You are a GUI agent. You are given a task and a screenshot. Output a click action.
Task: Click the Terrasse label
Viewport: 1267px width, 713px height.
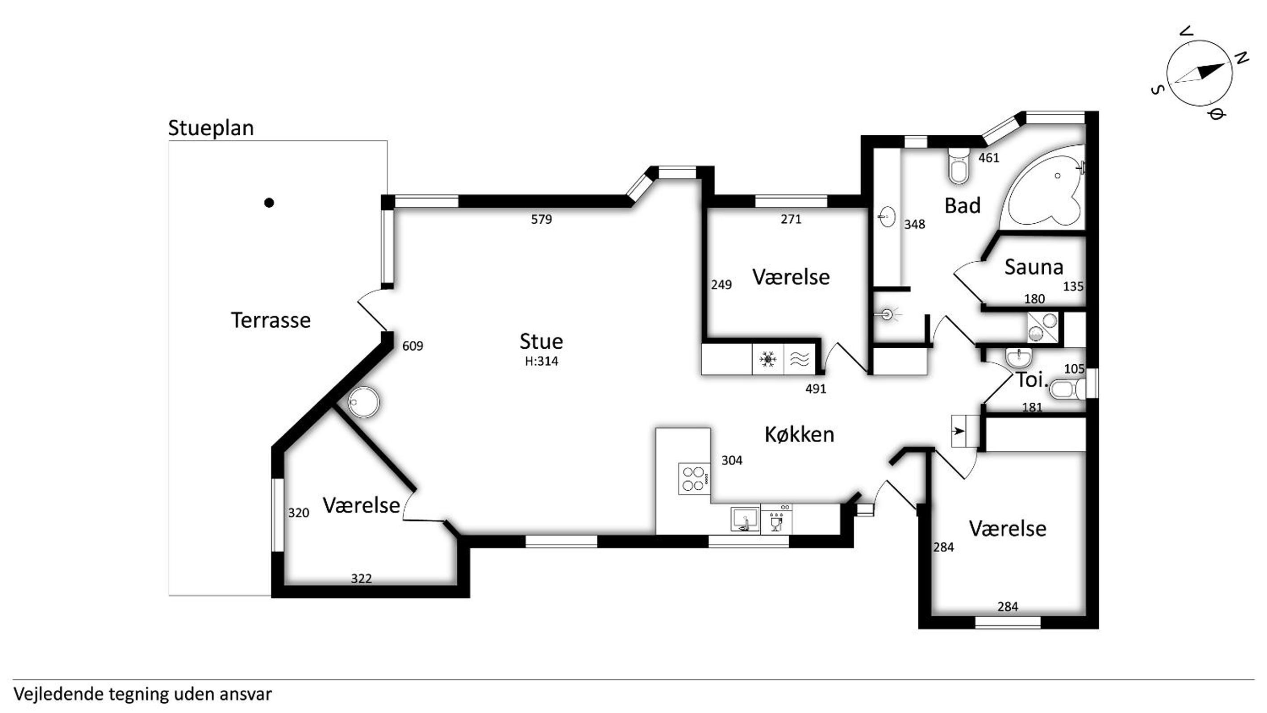click(271, 320)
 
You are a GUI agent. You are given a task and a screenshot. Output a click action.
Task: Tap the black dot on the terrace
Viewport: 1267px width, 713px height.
click(269, 203)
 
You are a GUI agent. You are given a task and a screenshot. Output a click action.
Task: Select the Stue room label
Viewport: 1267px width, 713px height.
click(541, 341)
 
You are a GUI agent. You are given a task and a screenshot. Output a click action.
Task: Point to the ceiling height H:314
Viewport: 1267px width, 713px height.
click(541, 362)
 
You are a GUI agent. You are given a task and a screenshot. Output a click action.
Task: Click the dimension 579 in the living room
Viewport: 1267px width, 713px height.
click(541, 219)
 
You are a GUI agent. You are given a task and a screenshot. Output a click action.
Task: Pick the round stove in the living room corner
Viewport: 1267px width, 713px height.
click(364, 402)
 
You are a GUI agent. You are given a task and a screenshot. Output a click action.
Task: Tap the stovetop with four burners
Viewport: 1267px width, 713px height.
click(695, 478)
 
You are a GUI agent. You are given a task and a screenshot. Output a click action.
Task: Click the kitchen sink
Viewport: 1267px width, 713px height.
click(745, 519)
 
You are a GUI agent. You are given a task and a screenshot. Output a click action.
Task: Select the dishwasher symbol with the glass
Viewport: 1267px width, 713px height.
click(776, 519)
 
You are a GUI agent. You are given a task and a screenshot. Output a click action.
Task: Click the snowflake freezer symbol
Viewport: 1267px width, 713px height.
click(767, 360)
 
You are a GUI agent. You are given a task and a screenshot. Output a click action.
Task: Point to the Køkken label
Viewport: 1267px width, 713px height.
click(799, 435)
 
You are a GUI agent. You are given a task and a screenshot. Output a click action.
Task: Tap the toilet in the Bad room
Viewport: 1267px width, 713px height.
click(959, 166)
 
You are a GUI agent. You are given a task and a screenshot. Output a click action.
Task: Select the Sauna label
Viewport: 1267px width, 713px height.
click(1034, 267)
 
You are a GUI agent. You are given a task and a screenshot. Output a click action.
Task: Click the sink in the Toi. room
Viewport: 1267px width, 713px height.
click(1019, 358)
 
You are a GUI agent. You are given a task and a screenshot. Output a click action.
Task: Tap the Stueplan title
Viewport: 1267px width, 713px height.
click(211, 128)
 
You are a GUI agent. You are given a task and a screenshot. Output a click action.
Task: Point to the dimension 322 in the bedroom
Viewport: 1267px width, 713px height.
click(361, 579)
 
